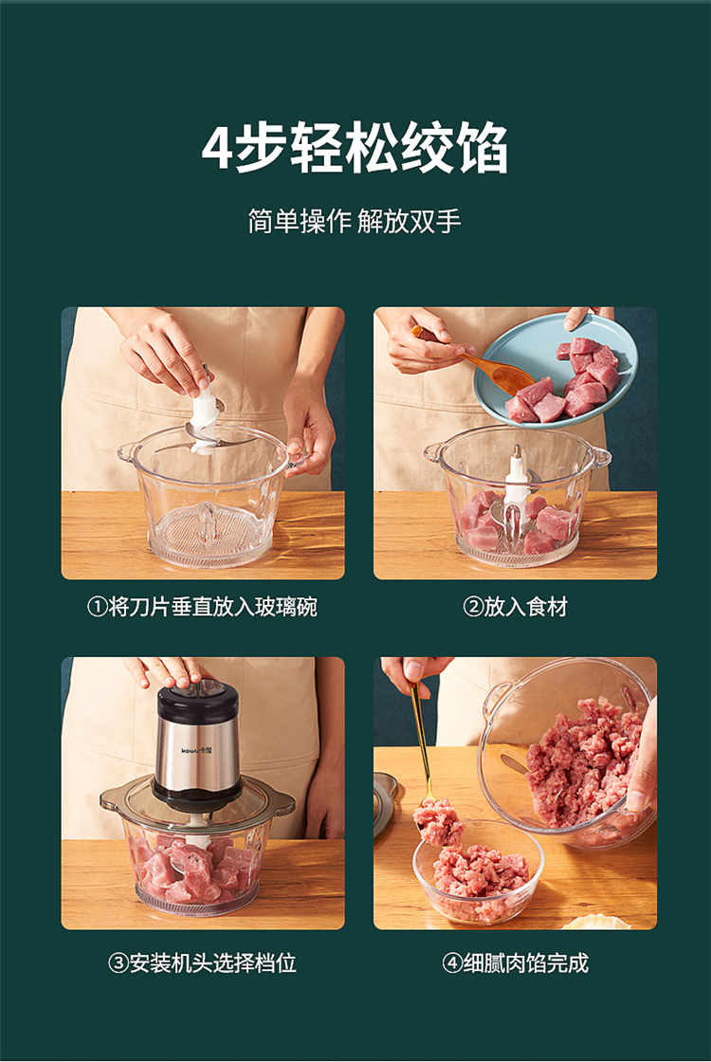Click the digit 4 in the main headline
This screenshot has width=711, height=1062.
(x=217, y=148)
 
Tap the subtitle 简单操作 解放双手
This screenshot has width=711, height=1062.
(x=355, y=222)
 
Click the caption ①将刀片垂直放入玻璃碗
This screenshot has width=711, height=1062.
(x=203, y=606)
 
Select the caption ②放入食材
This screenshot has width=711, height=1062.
(x=516, y=606)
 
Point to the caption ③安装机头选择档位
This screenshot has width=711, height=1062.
(x=203, y=962)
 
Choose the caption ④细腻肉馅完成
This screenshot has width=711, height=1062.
(x=516, y=962)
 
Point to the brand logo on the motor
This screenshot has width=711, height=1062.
(x=196, y=750)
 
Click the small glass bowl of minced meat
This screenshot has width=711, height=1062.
(x=478, y=872)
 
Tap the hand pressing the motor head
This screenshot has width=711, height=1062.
(x=167, y=670)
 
